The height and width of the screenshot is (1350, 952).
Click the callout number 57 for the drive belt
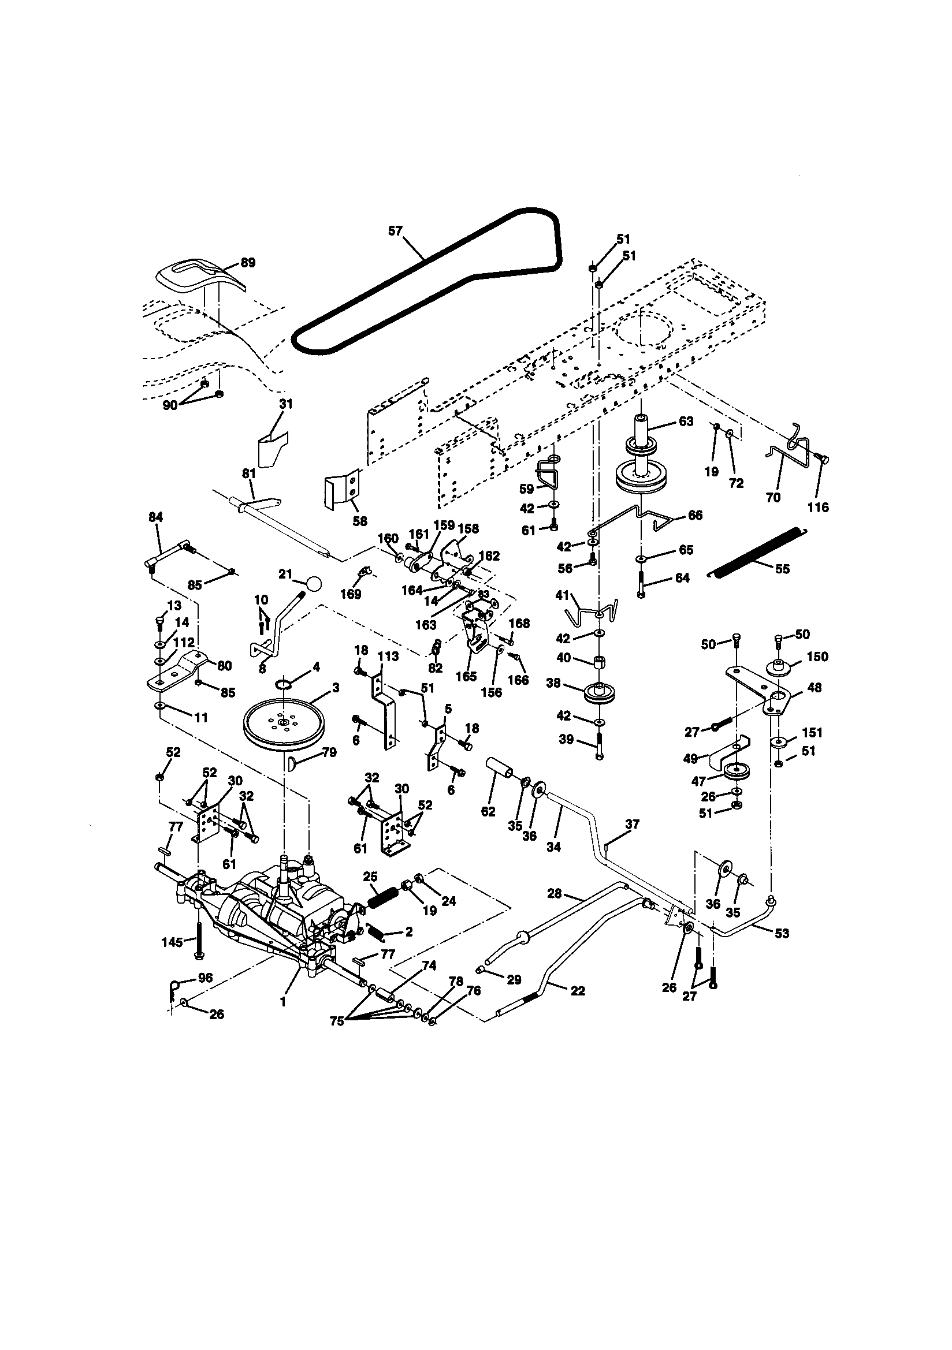point(395,231)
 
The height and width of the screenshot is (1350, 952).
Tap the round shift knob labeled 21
point(314,584)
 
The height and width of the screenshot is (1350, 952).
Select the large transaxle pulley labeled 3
point(283,726)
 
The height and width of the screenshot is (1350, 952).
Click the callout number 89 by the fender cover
point(248,263)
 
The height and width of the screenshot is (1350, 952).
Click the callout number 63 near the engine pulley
point(686,422)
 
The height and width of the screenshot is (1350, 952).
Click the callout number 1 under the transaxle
point(284,1001)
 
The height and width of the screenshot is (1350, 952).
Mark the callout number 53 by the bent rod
point(782,933)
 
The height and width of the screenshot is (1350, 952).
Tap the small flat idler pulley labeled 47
point(735,771)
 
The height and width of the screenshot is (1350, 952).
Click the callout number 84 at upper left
point(155,517)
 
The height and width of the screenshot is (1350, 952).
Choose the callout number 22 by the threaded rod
point(578,991)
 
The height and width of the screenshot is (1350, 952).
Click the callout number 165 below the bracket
point(466,676)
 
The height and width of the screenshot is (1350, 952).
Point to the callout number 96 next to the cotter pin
point(204,978)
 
